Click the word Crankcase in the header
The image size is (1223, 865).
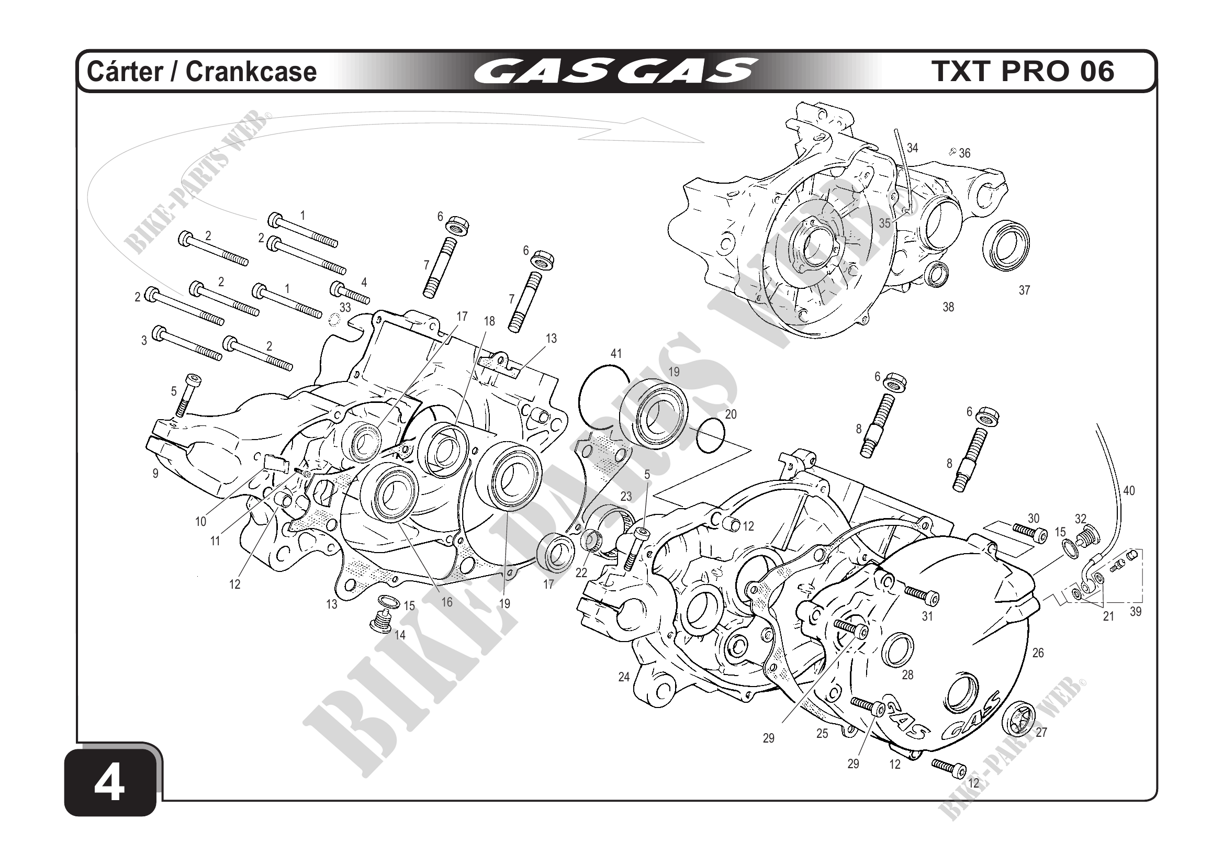click(x=251, y=71)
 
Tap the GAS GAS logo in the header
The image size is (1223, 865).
click(x=615, y=71)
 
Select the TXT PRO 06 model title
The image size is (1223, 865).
click(x=1023, y=71)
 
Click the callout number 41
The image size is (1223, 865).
click(x=616, y=354)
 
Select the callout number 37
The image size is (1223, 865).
click(x=1024, y=290)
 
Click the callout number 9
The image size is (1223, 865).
click(x=155, y=473)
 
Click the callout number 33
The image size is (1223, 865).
click(x=345, y=307)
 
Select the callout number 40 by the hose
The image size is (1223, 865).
click(x=1129, y=490)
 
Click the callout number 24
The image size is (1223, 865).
click(x=624, y=677)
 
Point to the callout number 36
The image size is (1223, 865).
click(x=964, y=153)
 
